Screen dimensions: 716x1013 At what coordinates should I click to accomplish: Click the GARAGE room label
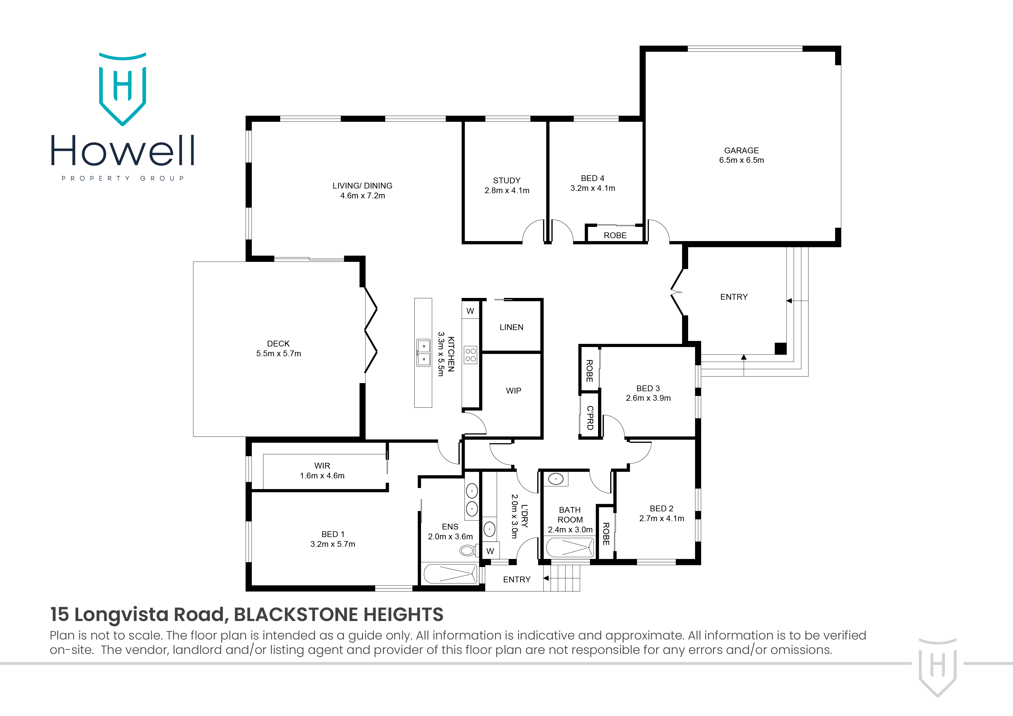pos(741,150)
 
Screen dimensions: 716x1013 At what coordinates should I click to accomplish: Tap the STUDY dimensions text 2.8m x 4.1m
pos(507,191)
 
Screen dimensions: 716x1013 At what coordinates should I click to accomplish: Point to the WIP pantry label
pos(513,390)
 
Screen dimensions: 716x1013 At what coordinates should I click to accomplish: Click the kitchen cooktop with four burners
pos(470,355)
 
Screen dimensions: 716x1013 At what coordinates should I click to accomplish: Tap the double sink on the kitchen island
pos(424,353)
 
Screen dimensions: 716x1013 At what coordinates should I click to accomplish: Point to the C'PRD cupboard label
pos(589,418)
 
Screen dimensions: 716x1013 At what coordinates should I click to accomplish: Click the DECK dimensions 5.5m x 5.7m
pos(278,354)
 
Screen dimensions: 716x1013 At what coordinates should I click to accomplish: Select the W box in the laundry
pos(490,551)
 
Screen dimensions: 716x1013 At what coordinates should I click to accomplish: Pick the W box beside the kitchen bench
pos(470,311)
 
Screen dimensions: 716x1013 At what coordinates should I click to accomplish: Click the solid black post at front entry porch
pos(781,348)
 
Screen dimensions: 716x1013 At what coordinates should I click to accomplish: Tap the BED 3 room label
pos(648,388)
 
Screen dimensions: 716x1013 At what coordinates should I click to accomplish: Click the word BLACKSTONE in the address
pos(282,615)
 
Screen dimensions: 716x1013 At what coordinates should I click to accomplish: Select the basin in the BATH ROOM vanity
pos(556,479)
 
